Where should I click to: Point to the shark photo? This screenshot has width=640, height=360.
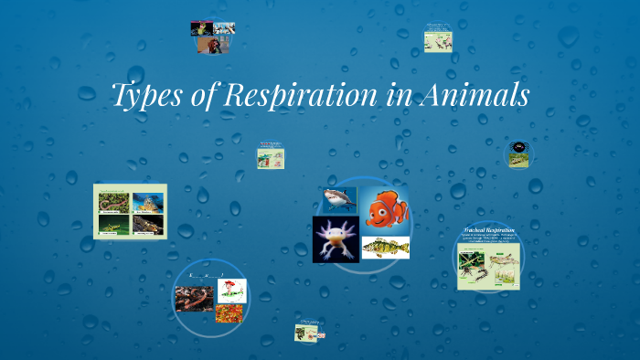point(337,199)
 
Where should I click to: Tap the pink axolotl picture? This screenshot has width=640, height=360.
point(336,239)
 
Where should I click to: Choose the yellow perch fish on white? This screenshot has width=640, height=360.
point(385,248)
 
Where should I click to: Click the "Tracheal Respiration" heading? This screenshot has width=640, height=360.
point(489,230)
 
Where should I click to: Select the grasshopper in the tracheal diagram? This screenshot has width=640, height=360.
point(503,265)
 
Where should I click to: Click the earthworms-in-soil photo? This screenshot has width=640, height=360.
point(193,300)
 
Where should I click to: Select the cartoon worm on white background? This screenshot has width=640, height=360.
point(229,291)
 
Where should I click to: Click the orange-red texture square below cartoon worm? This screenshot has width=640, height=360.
point(229,314)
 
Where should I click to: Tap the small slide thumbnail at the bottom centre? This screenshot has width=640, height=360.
point(305,333)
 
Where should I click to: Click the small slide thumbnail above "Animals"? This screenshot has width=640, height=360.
point(439,38)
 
